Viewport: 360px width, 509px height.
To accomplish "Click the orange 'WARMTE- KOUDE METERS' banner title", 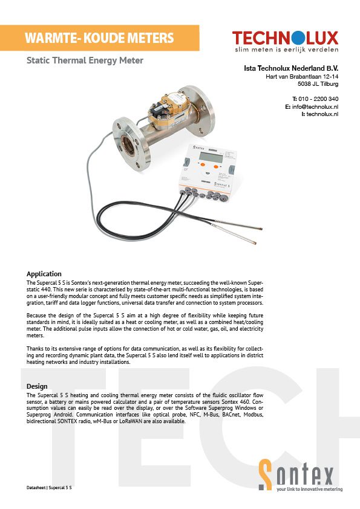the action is point(99,39).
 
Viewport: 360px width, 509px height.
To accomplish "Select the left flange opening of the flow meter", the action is point(129,146).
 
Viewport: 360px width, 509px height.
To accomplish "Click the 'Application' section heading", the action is point(45,274).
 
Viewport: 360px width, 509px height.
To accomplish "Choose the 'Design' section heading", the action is point(38,386).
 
